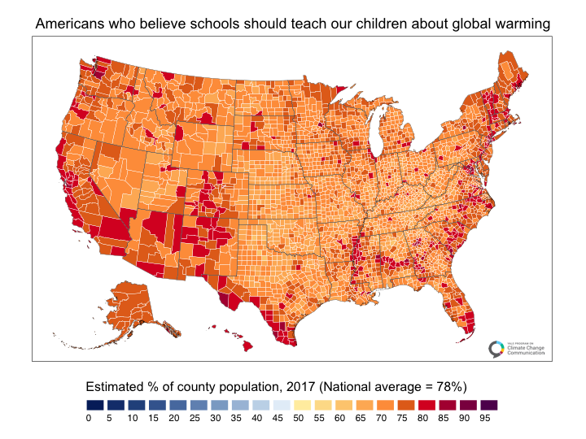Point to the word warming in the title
point(522,25)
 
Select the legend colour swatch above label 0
point(95,404)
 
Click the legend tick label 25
point(195,418)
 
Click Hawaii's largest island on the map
point(245,346)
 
